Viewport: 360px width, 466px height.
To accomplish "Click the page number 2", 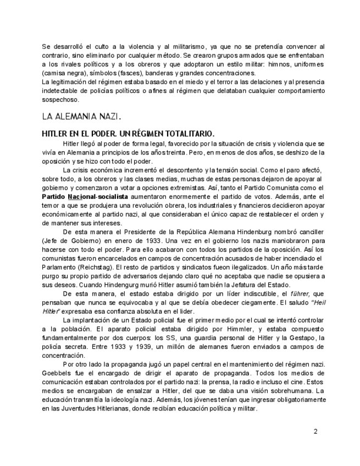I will click(315, 431).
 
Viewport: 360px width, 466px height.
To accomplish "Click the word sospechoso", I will click(60, 100).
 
